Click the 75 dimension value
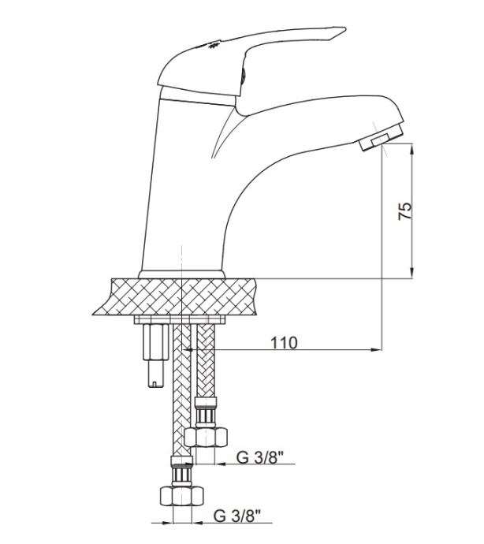(x=405, y=211)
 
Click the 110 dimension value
(x=284, y=342)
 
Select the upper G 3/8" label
(x=260, y=457)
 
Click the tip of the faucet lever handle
(x=345, y=29)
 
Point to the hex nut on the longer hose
(x=181, y=496)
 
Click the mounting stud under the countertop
(x=155, y=356)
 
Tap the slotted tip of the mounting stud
(x=155, y=382)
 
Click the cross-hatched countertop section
(x=175, y=296)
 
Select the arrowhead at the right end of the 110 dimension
(x=377, y=350)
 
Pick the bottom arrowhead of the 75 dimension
(x=412, y=272)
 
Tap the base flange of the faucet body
(x=181, y=274)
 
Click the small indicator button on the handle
(x=244, y=75)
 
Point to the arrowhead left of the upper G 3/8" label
(x=220, y=464)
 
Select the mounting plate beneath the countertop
(x=180, y=320)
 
